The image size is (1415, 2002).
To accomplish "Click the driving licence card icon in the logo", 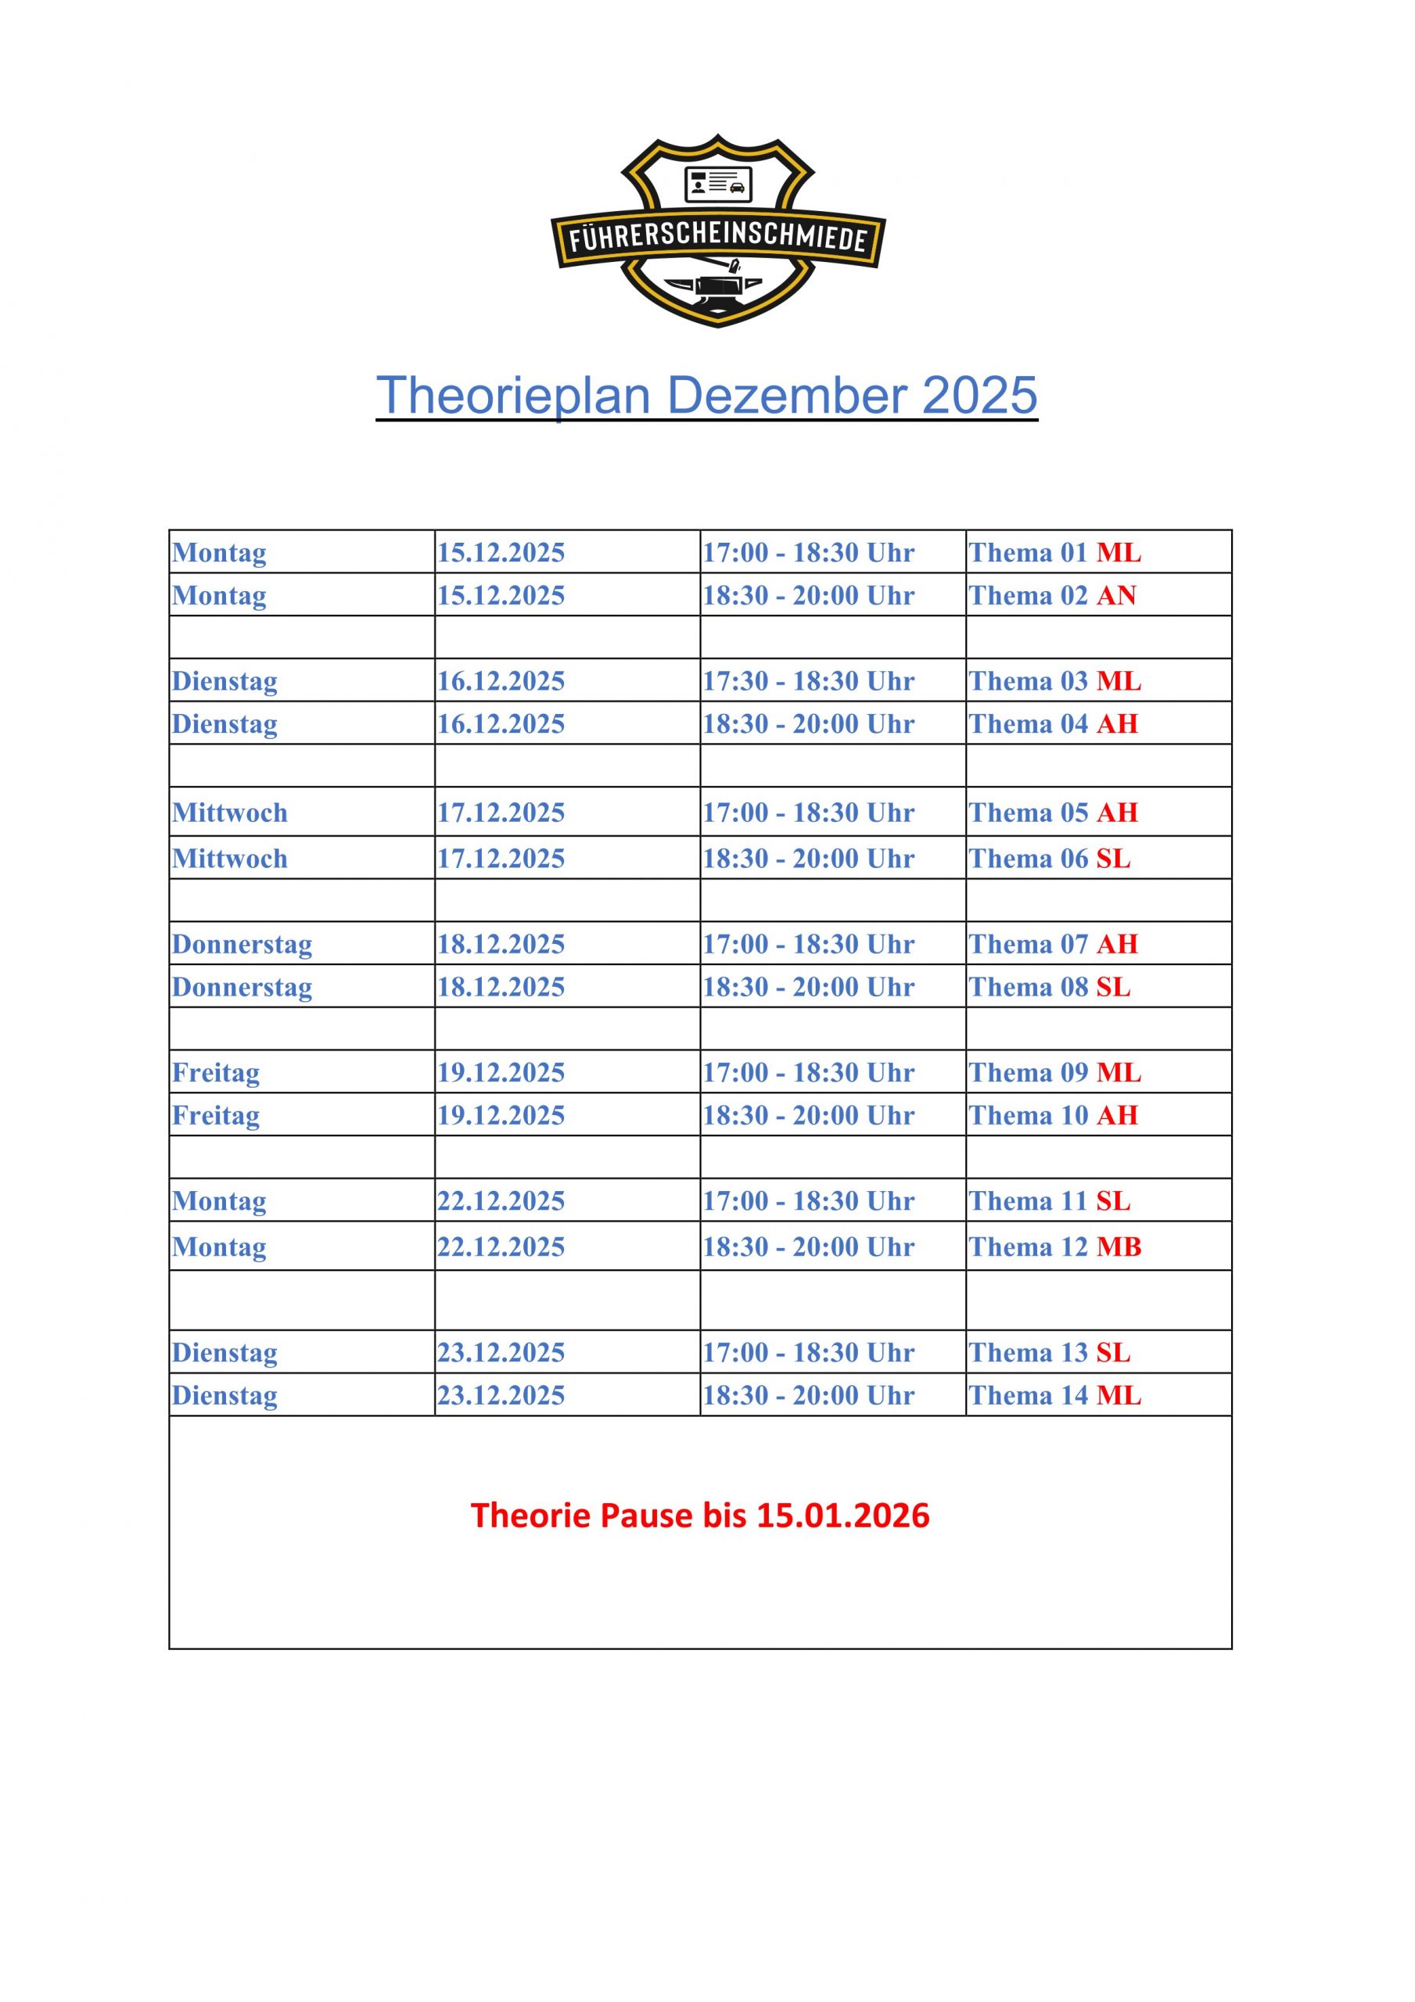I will click(718, 183).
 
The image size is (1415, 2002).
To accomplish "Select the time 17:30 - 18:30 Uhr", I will click(809, 681).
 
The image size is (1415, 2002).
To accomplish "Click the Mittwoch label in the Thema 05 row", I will click(229, 813).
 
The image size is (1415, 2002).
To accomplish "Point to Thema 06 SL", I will click(1050, 859).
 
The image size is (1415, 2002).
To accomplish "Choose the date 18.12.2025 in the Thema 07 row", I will click(501, 945).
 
